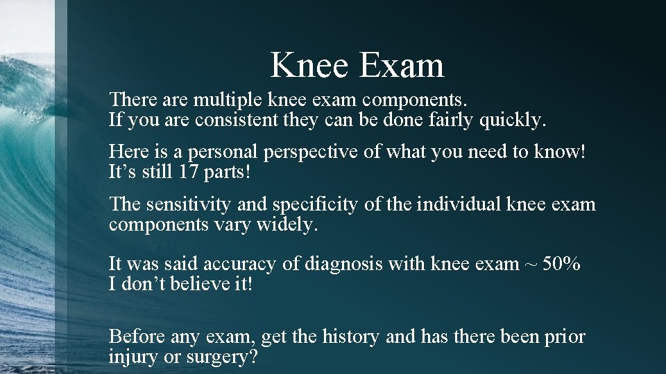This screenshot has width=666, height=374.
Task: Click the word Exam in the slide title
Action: (x=402, y=65)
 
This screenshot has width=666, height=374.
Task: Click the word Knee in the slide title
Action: (x=309, y=65)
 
